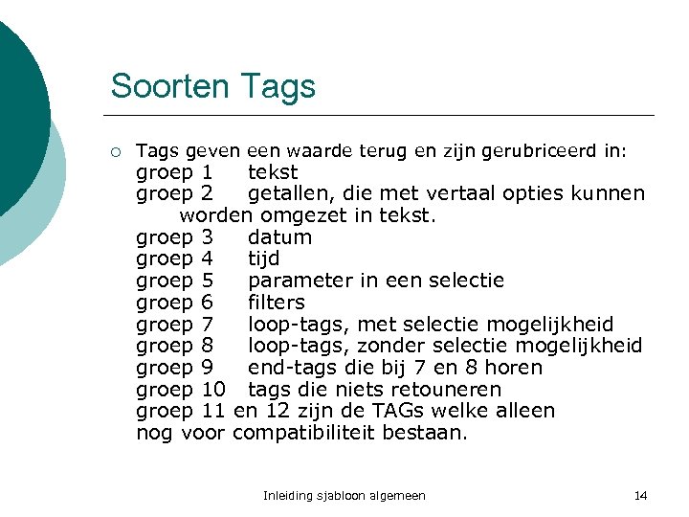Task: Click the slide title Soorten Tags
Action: coord(212,86)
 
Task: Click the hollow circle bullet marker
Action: coord(116,151)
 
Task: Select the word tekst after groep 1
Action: coord(273,172)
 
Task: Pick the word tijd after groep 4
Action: coord(264,258)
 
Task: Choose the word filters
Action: coord(277,303)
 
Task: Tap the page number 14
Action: coord(640,495)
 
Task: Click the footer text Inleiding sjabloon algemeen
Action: coord(344,495)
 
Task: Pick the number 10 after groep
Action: coord(214,390)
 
